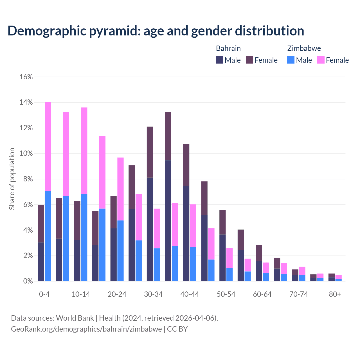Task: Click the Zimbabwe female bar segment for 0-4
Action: [48, 146]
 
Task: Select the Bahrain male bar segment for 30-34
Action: [150, 229]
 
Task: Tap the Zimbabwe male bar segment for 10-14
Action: [84, 237]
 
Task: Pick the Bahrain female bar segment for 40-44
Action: [186, 165]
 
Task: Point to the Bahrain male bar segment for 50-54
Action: [222, 258]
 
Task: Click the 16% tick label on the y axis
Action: [26, 77]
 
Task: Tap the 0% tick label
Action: [28, 281]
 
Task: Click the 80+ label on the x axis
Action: [335, 294]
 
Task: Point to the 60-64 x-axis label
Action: [262, 294]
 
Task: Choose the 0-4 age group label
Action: [44, 294]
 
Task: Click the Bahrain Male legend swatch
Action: [220, 60]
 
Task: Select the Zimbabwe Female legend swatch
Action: [321, 60]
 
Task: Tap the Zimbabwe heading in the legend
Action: [304, 48]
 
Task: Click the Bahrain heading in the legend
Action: [228, 48]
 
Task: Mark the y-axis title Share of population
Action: [12, 179]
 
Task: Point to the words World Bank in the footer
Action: [75, 318]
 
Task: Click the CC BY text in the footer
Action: [177, 329]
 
